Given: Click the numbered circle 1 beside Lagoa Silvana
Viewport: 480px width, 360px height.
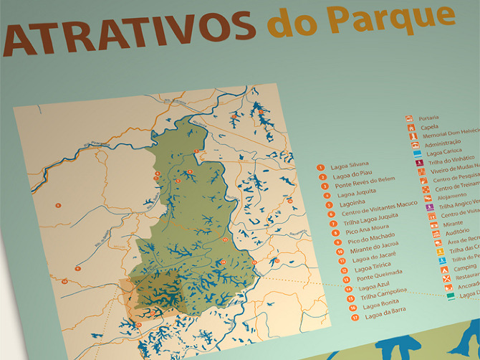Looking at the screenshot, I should (321, 167).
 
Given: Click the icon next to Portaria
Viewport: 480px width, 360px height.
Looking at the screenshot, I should (409, 118).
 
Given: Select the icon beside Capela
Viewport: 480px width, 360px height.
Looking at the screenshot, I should (411, 128).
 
